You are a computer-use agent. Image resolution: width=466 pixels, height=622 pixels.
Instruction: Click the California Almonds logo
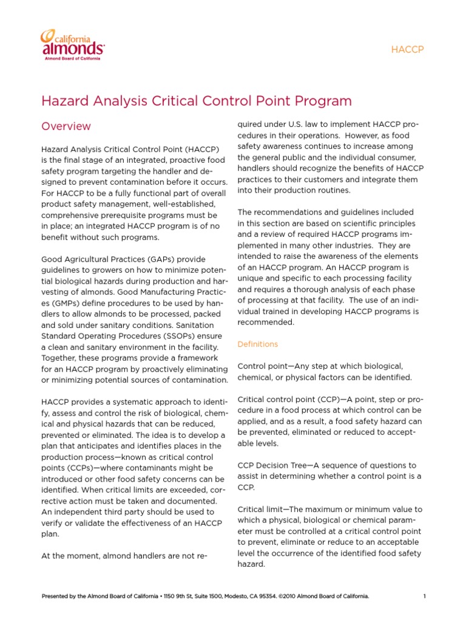click(x=72, y=44)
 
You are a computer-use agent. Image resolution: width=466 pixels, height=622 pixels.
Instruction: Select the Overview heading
click(x=66, y=126)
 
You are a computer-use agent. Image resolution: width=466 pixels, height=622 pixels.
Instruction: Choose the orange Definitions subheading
click(x=257, y=344)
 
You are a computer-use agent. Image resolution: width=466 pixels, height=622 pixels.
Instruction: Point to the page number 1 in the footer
click(x=424, y=596)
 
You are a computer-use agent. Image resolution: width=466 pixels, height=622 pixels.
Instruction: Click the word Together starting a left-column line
click(x=60, y=358)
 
